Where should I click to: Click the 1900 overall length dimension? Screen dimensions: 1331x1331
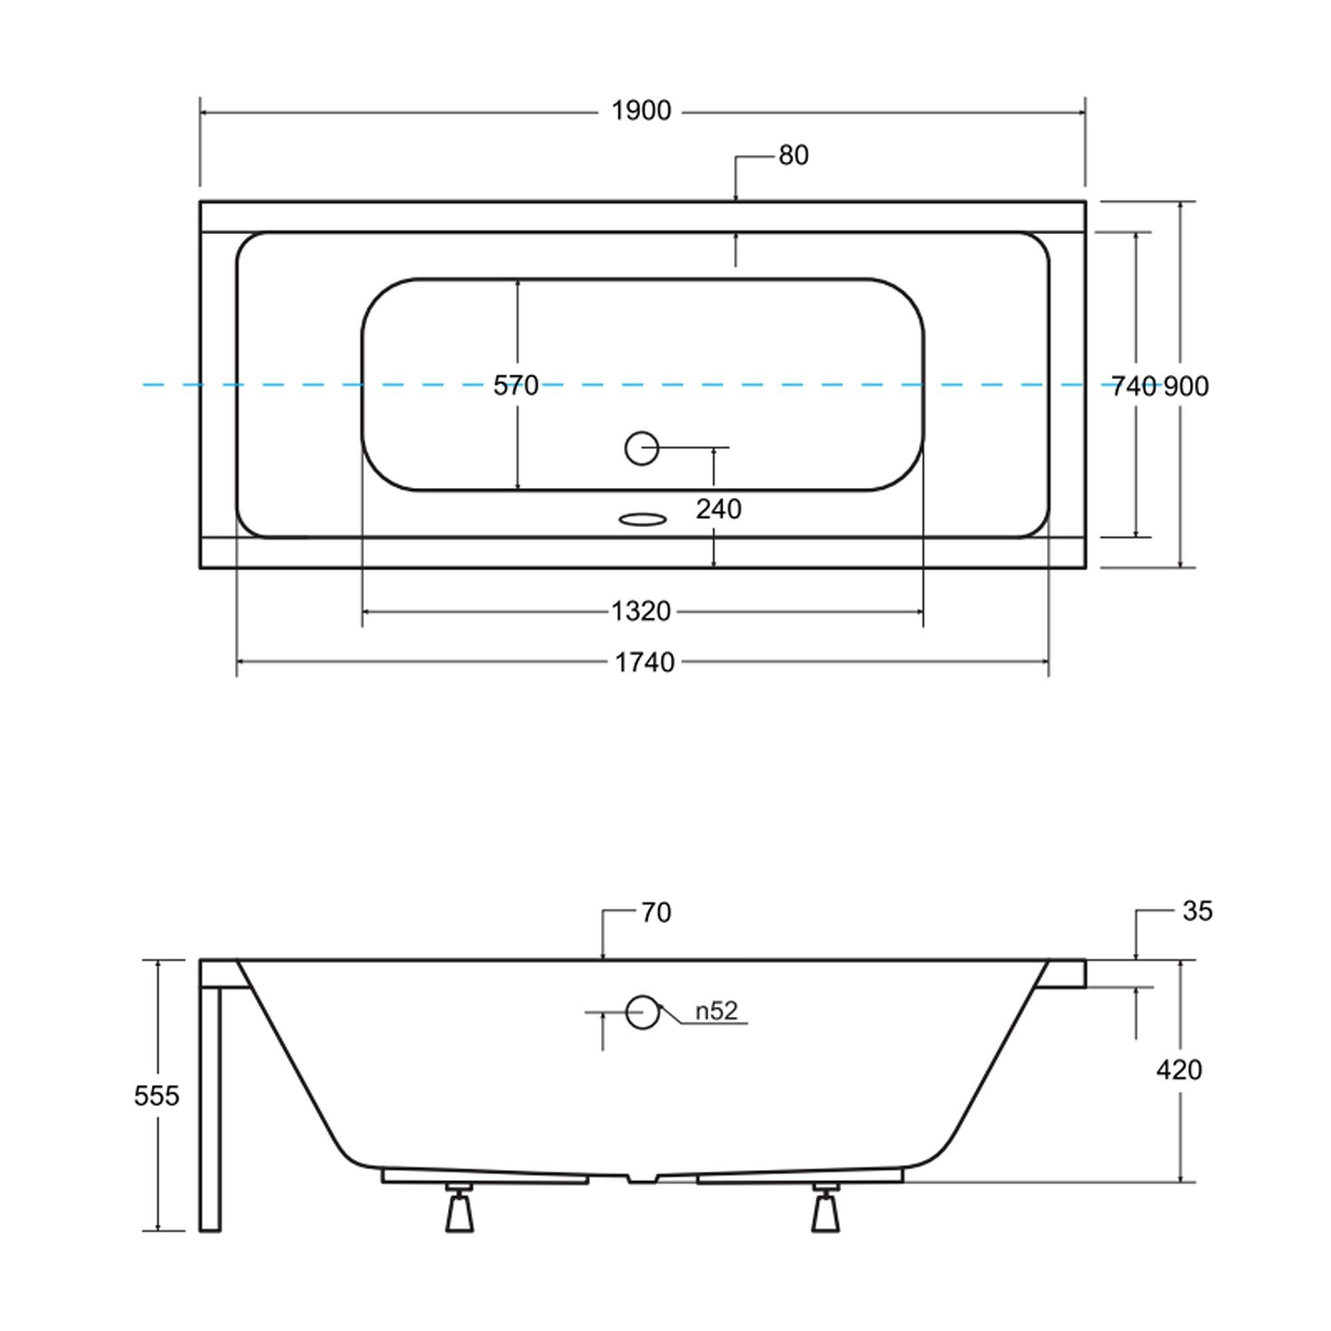[642, 111]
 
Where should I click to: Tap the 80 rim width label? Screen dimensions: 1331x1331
[794, 156]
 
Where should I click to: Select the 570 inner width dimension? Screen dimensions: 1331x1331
[515, 386]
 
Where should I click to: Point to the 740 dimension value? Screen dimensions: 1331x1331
[1134, 387]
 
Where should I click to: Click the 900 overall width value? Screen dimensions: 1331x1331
[1187, 387]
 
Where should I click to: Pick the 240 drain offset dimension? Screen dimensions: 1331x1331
[719, 509]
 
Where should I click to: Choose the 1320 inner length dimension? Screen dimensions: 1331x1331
[642, 611]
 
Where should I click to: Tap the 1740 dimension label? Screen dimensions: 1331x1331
[644, 663]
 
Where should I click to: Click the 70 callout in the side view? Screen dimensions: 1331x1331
[656, 913]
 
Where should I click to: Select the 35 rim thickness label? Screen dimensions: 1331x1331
[1197, 912]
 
